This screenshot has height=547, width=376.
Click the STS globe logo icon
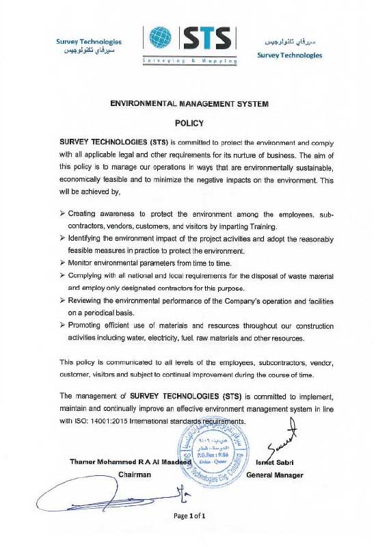coord(160,40)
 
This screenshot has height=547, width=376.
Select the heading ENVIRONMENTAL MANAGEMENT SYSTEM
coord(189,104)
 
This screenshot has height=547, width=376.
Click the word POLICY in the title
coord(189,124)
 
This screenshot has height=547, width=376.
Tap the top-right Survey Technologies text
coord(290,55)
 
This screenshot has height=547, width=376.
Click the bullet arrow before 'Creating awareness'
coord(63,214)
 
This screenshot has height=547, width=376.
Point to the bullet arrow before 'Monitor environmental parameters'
coord(63,263)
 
